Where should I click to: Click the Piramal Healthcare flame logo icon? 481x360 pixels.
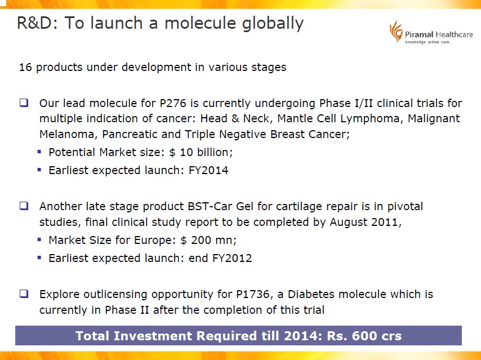[x=396, y=32]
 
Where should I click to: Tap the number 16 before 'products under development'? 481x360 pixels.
[x=25, y=67]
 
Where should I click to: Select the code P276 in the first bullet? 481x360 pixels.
[x=173, y=103]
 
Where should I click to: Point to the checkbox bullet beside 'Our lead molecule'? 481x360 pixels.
[x=24, y=103]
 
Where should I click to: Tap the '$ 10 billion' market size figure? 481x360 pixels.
[x=201, y=152]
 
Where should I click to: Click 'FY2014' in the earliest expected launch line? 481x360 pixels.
[x=208, y=170]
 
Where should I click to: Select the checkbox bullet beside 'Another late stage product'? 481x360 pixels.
[x=24, y=206]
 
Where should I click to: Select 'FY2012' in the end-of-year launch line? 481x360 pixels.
[x=232, y=258]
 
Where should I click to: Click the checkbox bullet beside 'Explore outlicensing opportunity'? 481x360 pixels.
[x=24, y=294]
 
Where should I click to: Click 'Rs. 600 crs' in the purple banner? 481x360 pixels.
[x=364, y=336]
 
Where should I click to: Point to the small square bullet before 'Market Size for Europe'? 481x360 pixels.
[x=39, y=239]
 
